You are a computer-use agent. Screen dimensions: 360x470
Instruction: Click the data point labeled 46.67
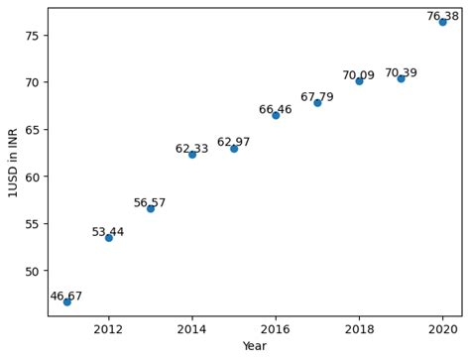tap(67, 301)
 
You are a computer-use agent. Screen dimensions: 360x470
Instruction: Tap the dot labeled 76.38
tap(443, 21)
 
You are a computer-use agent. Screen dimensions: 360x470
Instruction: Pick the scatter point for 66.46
tap(276, 115)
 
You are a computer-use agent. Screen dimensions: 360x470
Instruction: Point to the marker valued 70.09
tap(359, 81)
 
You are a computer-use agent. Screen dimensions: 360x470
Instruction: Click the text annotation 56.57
tap(150, 203)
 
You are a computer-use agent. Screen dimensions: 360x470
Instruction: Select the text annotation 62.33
tap(191, 149)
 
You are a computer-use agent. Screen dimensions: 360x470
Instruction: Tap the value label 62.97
tap(234, 142)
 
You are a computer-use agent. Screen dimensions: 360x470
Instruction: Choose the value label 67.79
tap(317, 97)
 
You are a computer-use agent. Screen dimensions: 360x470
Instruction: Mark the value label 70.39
tap(401, 73)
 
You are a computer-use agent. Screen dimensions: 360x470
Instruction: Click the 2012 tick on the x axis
tap(109, 329)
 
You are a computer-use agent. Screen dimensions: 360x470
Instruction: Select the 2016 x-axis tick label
tap(276, 329)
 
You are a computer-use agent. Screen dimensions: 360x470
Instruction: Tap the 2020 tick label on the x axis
tap(443, 329)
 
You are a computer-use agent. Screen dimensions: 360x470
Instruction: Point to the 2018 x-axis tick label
tap(359, 329)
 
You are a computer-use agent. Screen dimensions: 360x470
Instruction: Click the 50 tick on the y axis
tap(32, 271)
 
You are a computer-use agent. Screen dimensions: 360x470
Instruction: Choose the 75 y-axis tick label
tap(32, 35)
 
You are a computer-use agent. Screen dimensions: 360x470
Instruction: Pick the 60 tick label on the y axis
tap(32, 177)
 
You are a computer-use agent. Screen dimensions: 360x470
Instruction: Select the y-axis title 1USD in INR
tap(13, 162)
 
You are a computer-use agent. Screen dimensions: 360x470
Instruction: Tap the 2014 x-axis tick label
tap(192, 329)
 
